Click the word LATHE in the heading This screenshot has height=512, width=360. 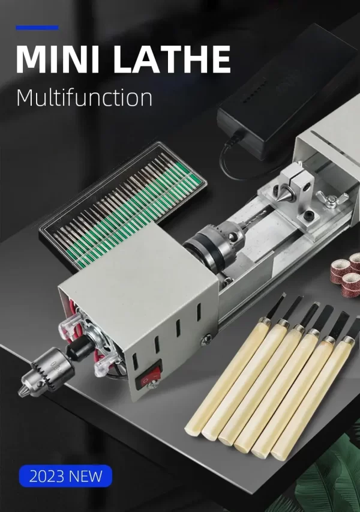(172, 59)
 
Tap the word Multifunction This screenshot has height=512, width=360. (84, 97)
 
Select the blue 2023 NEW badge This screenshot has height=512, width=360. (65, 476)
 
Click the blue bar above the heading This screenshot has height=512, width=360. (37, 28)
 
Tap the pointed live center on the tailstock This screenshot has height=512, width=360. (283, 191)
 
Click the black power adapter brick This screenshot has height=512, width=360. (287, 95)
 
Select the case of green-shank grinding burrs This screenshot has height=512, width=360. (123, 206)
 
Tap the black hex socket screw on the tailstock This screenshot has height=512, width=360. (309, 216)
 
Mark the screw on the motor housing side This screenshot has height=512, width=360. (206, 340)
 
